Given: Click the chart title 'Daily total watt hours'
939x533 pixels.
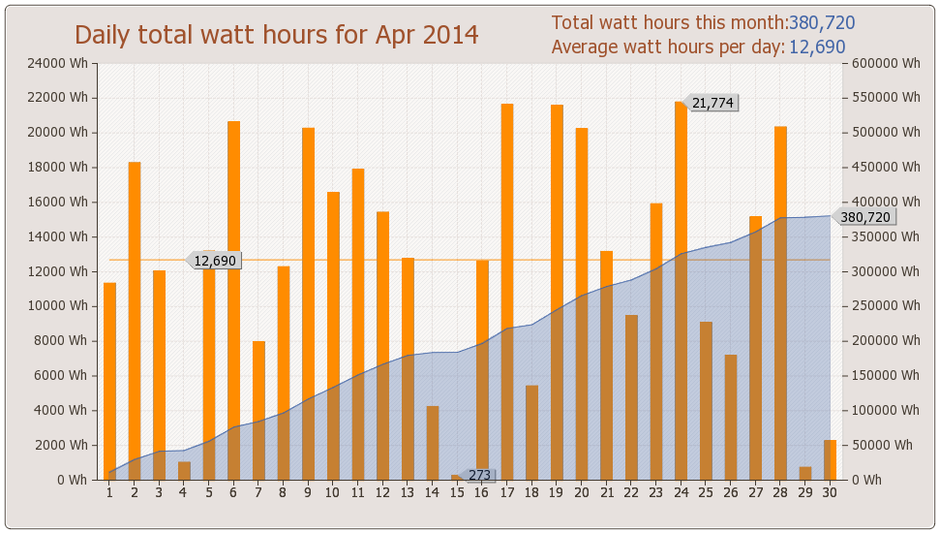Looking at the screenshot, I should tap(277, 35).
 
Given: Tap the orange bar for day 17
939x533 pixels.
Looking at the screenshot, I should tap(507, 291).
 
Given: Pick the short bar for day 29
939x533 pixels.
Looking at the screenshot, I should tap(805, 474).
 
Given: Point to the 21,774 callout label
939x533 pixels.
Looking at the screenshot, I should tap(712, 103).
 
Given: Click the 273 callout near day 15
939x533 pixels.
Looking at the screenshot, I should tap(479, 476).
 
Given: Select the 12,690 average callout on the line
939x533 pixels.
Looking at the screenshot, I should tap(214, 261).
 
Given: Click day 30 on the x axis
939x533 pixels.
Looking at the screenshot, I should tap(830, 492).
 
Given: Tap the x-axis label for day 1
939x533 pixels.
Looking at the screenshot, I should tap(109, 492).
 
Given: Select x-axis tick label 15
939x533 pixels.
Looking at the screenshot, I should tap(457, 492).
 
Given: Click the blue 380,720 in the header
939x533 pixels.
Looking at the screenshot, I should tap(822, 23).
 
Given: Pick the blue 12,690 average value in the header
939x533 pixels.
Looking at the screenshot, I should tap(817, 47).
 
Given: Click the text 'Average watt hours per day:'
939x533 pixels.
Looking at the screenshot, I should tap(668, 47).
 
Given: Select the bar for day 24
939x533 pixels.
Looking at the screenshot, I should tap(681, 291).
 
